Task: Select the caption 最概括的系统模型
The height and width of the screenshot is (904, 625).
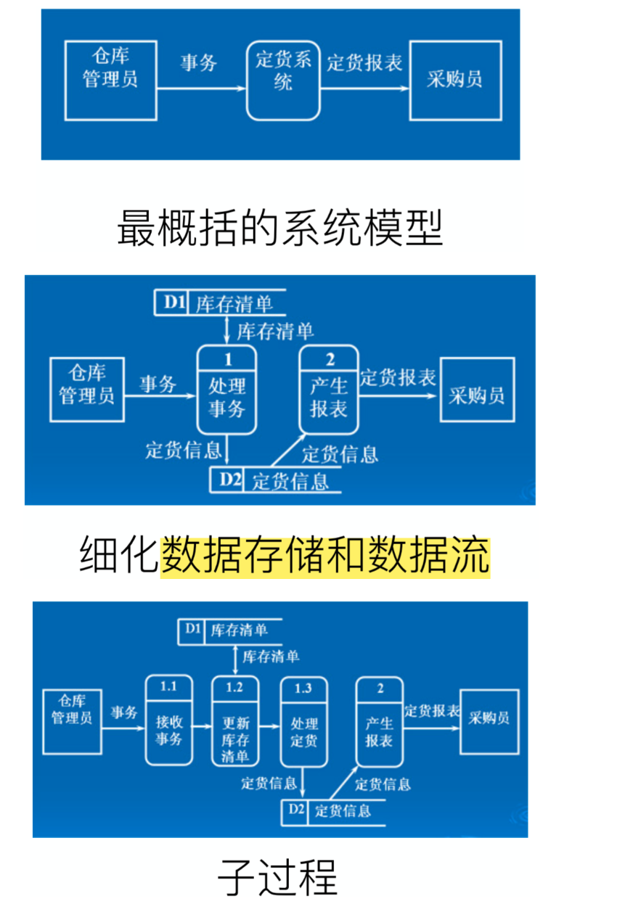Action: click(279, 228)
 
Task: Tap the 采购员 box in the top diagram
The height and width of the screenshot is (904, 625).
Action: click(455, 80)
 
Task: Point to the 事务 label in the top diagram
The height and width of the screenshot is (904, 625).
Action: click(198, 63)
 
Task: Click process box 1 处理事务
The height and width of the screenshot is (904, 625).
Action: click(227, 390)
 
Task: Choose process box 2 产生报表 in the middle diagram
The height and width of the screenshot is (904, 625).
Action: click(329, 390)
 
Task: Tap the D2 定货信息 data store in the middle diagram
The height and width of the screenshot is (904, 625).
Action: click(276, 480)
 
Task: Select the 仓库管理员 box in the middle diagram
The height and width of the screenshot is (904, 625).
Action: click(86, 390)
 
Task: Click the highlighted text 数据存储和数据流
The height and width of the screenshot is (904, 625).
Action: click(325, 556)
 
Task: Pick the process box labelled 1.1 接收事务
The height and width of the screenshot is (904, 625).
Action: click(168, 720)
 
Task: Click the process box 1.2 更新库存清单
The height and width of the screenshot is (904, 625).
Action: click(235, 720)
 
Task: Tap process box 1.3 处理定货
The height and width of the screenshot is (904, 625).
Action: click(303, 720)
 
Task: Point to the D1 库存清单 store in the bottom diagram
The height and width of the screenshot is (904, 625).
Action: click(229, 630)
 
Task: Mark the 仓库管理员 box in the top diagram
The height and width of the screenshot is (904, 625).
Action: click(110, 80)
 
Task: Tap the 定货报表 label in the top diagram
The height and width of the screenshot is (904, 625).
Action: click(364, 63)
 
